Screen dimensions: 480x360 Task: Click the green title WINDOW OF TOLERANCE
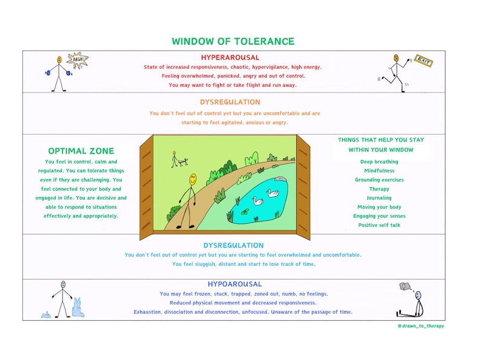click(233, 42)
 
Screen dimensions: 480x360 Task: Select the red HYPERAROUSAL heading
click(233, 57)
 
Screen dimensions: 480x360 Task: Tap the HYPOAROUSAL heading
click(235, 284)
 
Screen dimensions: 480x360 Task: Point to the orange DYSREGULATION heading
click(230, 102)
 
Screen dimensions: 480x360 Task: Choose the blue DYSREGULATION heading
click(233, 245)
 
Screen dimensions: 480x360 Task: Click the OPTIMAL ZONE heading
click(81, 152)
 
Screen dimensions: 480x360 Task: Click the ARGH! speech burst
click(77, 59)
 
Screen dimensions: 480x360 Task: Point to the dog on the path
click(183, 162)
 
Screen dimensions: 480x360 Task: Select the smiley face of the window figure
click(192, 179)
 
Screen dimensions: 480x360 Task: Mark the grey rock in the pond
click(281, 179)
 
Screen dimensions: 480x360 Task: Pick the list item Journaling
click(379, 198)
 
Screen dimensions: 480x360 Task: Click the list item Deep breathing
click(379, 162)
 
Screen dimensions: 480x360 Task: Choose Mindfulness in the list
click(379, 171)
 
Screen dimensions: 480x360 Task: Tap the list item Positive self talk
click(379, 225)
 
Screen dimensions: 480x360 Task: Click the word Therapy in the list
click(379, 189)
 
